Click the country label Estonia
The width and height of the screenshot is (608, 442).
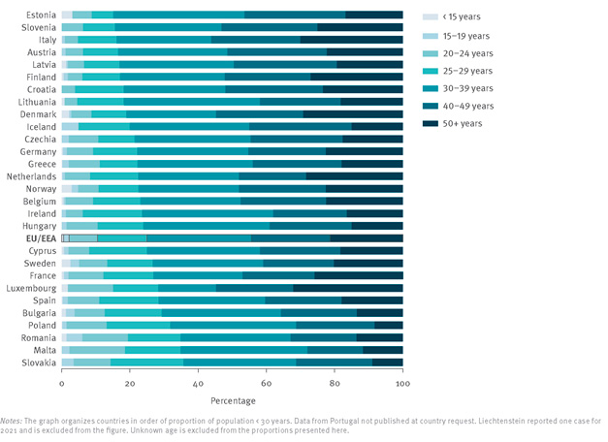click(41, 15)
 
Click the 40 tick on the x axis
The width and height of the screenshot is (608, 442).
click(198, 383)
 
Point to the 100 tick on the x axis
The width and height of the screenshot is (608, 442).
click(401, 383)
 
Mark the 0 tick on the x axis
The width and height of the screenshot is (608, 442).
click(62, 383)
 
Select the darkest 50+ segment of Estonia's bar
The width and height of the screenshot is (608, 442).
click(373, 15)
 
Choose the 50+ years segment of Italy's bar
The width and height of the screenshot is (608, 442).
click(351, 40)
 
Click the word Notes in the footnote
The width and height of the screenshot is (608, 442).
click(12, 421)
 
